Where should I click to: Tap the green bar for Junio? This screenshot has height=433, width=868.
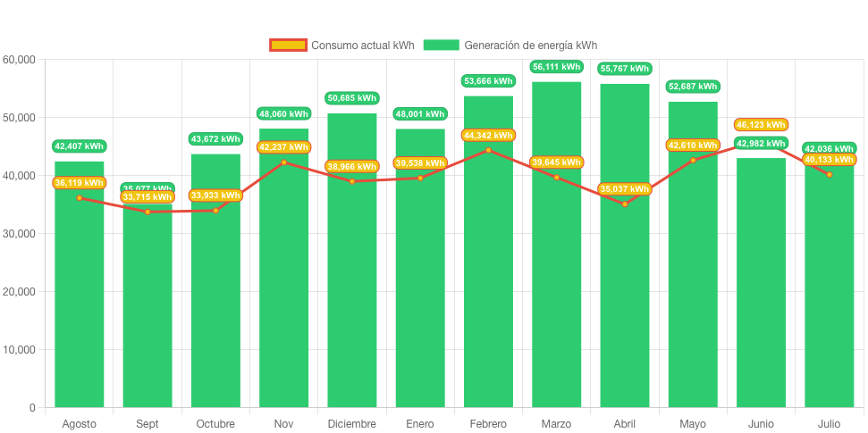tap(761, 286)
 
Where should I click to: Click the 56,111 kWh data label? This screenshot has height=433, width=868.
tap(556, 67)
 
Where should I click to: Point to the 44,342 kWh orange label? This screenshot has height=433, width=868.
tap(488, 135)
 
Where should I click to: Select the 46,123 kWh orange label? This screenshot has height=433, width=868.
tap(761, 125)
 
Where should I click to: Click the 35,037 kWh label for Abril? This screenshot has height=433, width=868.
tap(625, 189)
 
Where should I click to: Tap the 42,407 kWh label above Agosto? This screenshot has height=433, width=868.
tap(80, 146)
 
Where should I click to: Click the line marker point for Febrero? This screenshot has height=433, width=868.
tap(488, 150)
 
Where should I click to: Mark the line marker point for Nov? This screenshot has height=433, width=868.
tap(283, 162)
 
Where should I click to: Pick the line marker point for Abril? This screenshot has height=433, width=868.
tap(625, 204)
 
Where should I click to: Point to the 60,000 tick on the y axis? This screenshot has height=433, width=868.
tap(20, 60)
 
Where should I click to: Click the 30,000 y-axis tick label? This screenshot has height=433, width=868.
tap(20, 234)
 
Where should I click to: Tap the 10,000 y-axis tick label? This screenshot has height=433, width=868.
tap(20, 350)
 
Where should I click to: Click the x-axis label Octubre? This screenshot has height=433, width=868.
tap(215, 423)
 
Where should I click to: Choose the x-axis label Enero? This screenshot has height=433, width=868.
tap(420, 423)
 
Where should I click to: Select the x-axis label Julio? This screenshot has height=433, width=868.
tap(829, 423)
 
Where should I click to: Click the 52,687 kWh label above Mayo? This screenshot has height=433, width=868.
tap(693, 87)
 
